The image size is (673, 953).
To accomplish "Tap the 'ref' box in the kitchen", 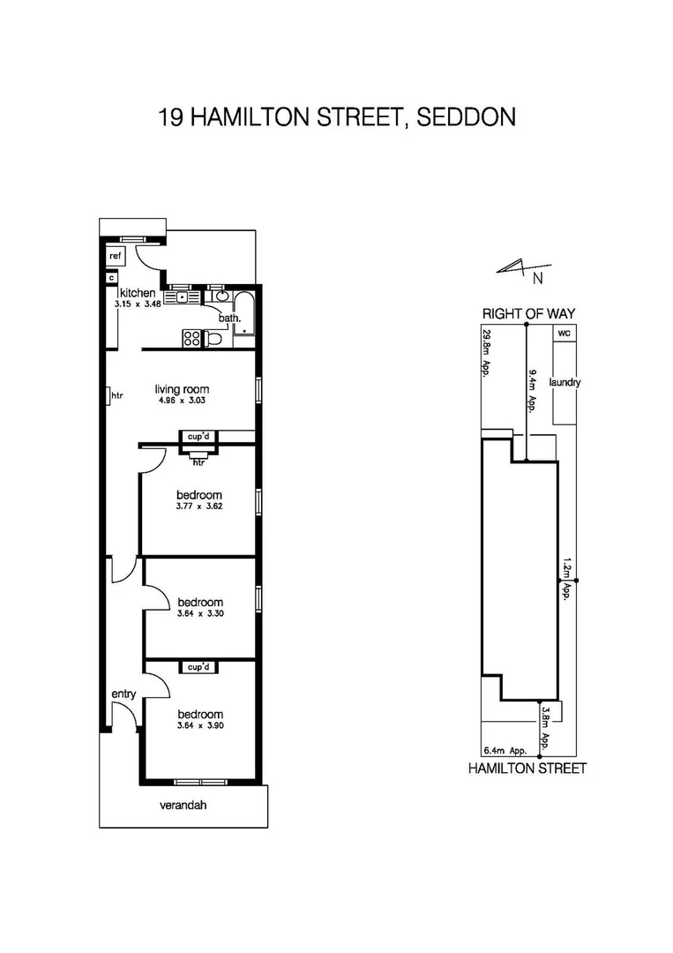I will [x=115, y=255].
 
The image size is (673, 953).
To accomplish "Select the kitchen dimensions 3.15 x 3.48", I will [x=136, y=304].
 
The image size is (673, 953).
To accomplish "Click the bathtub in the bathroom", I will [x=246, y=314].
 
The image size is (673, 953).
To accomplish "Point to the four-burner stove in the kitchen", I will [x=191, y=336].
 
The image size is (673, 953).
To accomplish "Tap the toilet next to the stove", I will [x=214, y=338].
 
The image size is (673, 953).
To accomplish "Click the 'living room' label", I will [x=182, y=389].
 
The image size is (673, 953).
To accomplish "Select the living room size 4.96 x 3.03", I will [x=182, y=401].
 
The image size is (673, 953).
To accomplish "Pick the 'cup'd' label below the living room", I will [x=197, y=437].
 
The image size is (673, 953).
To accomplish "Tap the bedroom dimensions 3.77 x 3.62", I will [x=198, y=507].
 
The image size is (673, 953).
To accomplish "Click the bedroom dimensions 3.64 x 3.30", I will [x=199, y=613].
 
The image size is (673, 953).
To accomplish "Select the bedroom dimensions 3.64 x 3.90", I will [x=199, y=725].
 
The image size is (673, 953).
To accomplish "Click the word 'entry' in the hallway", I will [x=123, y=694].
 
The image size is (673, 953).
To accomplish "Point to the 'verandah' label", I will [x=183, y=806].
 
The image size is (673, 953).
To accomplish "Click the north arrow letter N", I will [x=537, y=279].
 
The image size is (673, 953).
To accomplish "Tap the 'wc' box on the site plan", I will [x=564, y=333].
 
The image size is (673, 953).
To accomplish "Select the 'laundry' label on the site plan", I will [x=565, y=383].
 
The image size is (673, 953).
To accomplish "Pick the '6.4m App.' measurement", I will [x=506, y=751].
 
